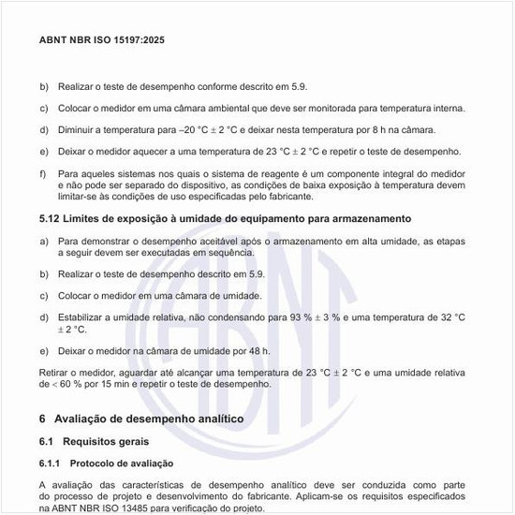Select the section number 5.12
point(49,218)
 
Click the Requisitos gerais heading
point(108,440)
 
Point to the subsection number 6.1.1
point(50,463)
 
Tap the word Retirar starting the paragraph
point(56,373)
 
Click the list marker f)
point(43,173)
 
